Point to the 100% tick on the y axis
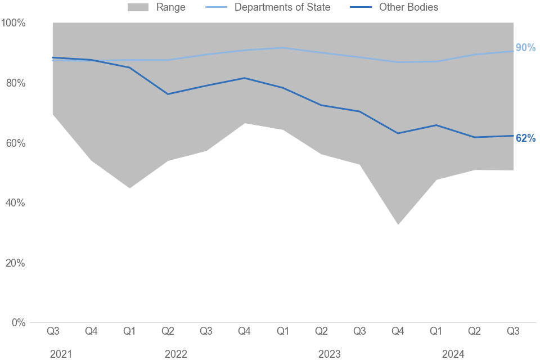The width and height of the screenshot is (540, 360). pyautogui.click(x=13, y=23)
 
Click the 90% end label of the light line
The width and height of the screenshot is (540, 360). pyautogui.click(x=525, y=48)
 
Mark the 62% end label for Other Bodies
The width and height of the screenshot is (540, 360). pyautogui.click(x=525, y=138)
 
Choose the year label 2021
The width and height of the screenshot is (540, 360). pyautogui.click(x=61, y=354)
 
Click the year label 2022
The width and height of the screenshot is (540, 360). pyautogui.click(x=176, y=354)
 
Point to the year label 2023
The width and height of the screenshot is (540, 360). pyautogui.click(x=330, y=354)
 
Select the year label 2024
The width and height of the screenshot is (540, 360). pyautogui.click(x=453, y=354)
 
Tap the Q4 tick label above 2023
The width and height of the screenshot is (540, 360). pyautogui.click(x=398, y=331)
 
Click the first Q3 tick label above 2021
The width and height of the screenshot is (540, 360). pyautogui.click(x=53, y=331)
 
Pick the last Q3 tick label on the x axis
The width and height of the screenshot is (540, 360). pyautogui.click(x=513, y=331)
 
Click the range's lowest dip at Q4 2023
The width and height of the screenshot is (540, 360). pyautogui.click(x=398, y=224)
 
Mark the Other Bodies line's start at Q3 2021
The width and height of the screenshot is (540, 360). pyautogui.click(x=53, y=57)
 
